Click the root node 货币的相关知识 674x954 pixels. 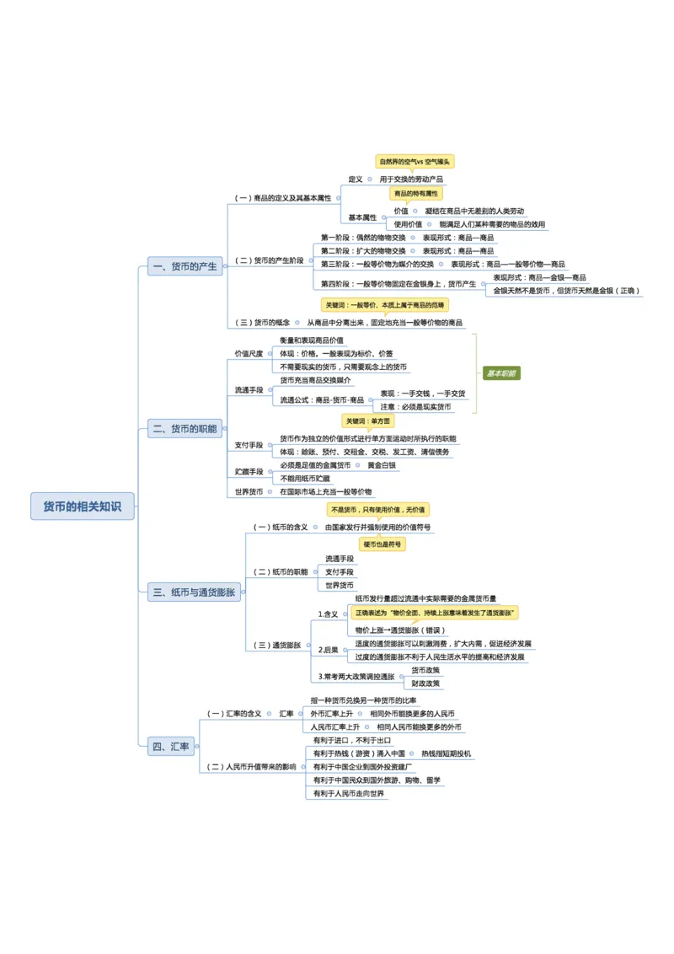pos(83,506)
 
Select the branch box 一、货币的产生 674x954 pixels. pos(185,266)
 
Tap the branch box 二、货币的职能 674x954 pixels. pos(185,429)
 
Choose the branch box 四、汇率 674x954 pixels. pos(171,747)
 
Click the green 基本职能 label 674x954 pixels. pos(501,372)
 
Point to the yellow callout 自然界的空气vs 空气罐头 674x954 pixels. pos(415,161)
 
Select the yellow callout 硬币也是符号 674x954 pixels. pos(383,544)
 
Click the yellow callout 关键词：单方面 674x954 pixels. pos(368,421)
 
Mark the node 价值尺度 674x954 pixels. pos(249,353)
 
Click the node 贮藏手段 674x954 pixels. pos(249,472)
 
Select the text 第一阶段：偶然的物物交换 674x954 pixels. pos(362,238)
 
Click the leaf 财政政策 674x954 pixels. pos(425,683)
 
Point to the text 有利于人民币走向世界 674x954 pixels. pos(348,793)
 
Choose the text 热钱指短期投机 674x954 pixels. pos(446,753)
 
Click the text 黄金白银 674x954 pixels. pos(382,465)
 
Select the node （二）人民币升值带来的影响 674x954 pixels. pos(252,767)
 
